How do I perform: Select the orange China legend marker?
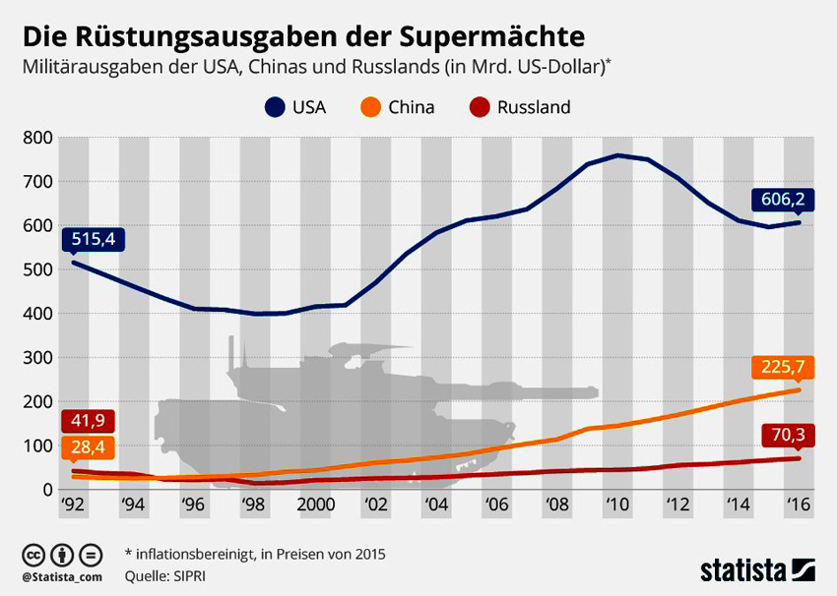[371, 106]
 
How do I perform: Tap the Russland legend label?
[534, 107]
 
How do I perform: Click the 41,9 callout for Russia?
[89, 421]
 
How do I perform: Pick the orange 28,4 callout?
[89, 448]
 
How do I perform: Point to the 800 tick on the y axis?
[37, 138]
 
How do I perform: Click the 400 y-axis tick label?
[37, 314]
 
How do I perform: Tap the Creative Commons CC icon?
[34, 553]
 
